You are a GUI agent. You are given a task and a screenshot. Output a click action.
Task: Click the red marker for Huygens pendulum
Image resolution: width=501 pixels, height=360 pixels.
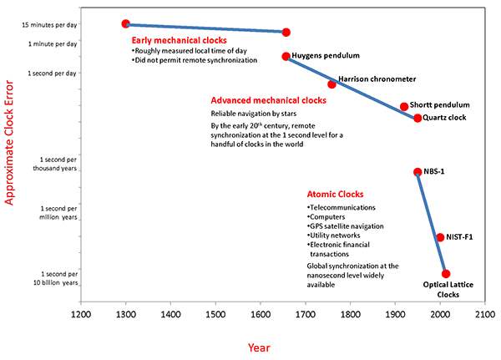coord(286,57)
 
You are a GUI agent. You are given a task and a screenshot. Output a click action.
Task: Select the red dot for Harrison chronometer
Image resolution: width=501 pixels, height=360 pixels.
coord(331,84)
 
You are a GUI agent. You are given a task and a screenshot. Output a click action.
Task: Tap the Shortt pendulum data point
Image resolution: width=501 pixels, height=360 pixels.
coord(404,107)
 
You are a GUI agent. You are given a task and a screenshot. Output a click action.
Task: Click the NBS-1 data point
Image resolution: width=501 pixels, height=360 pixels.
coord(417,172)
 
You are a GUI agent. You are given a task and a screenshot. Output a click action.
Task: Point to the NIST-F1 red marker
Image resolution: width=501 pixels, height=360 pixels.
coord(440,237)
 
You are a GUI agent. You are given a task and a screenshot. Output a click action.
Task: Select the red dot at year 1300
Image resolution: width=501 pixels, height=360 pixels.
coord(126,24)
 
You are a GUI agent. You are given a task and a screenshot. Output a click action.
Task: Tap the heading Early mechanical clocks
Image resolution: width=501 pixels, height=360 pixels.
coord(179,39)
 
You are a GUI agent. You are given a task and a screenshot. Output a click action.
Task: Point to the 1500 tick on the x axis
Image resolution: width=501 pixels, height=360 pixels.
coord(215,315)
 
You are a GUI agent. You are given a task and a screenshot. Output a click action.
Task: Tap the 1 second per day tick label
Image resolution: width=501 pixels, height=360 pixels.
coord(53,73)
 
